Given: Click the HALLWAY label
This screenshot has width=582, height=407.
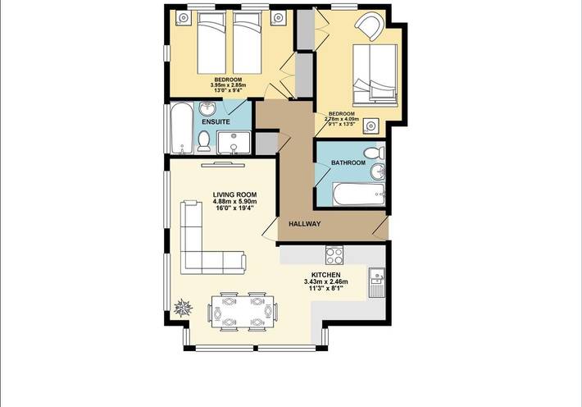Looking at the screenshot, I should (x=303, y=224).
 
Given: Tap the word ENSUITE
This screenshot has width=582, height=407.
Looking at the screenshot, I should (x=216, y=121).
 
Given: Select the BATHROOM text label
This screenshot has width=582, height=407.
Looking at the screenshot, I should (x=348, y=163).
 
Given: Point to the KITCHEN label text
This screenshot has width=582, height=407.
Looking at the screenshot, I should (x=326, y=276).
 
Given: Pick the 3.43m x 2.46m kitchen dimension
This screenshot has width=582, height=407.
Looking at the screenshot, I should (x=326, y=282).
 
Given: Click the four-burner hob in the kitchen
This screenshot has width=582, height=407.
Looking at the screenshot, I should (x=334, y=254).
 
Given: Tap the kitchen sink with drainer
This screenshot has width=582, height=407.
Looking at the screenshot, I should (x=376, y=282).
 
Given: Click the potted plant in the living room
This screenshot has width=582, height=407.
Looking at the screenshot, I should (x=184, y=309).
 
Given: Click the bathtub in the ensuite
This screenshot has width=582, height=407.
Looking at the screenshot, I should (x=180, y=129).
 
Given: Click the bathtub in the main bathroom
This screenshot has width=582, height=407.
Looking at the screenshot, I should (x=357, y=194).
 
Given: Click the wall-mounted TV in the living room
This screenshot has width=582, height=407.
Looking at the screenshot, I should (x=229, y=162).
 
